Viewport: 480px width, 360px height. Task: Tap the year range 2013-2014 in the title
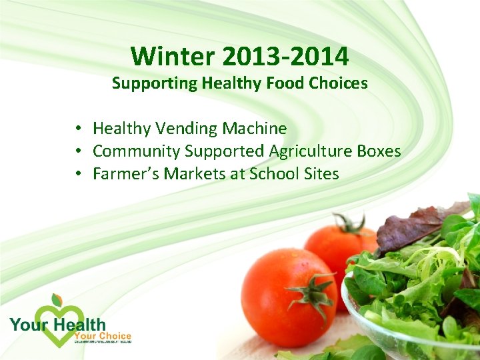pyautogui.click(x=286, y=57)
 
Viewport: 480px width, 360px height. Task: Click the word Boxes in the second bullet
pyautogui.click(x=379, y=151)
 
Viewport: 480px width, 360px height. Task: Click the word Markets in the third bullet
pyautogui.click(x=193, y=174)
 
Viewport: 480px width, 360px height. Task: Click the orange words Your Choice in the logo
pyautogui.click(x=103, y=336)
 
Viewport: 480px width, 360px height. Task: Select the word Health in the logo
pyautogui.click(x=79, y=325)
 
